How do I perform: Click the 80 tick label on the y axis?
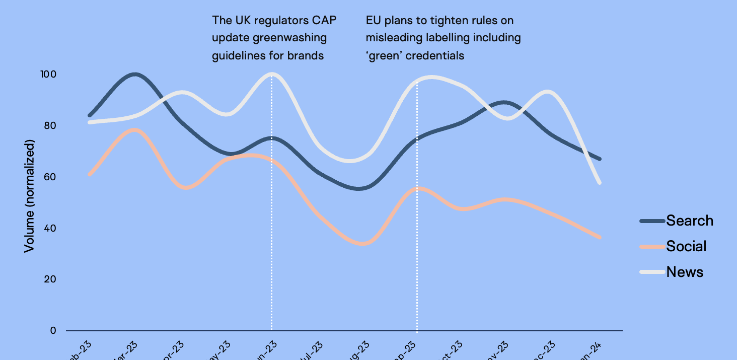point(48,126)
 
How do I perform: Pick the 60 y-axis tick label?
point(48,177)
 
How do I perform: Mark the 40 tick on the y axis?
point(48,229)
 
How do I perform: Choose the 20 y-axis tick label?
point(48,280)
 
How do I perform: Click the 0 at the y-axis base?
point(53,331)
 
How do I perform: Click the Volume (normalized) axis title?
point(30,197)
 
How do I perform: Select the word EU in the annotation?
point(373,21)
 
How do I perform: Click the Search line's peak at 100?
point(134,75)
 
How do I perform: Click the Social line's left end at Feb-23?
point(90,174)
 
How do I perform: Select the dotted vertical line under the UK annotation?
point(272,227)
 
